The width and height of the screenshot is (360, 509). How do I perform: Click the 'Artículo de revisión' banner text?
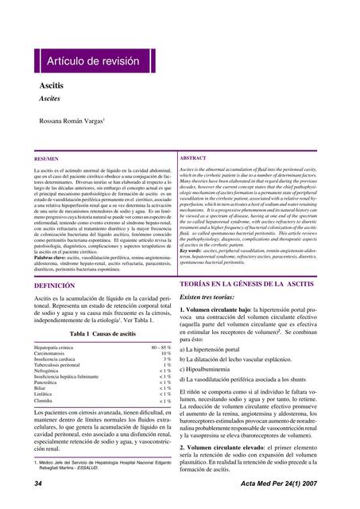[x=92, y=61]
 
